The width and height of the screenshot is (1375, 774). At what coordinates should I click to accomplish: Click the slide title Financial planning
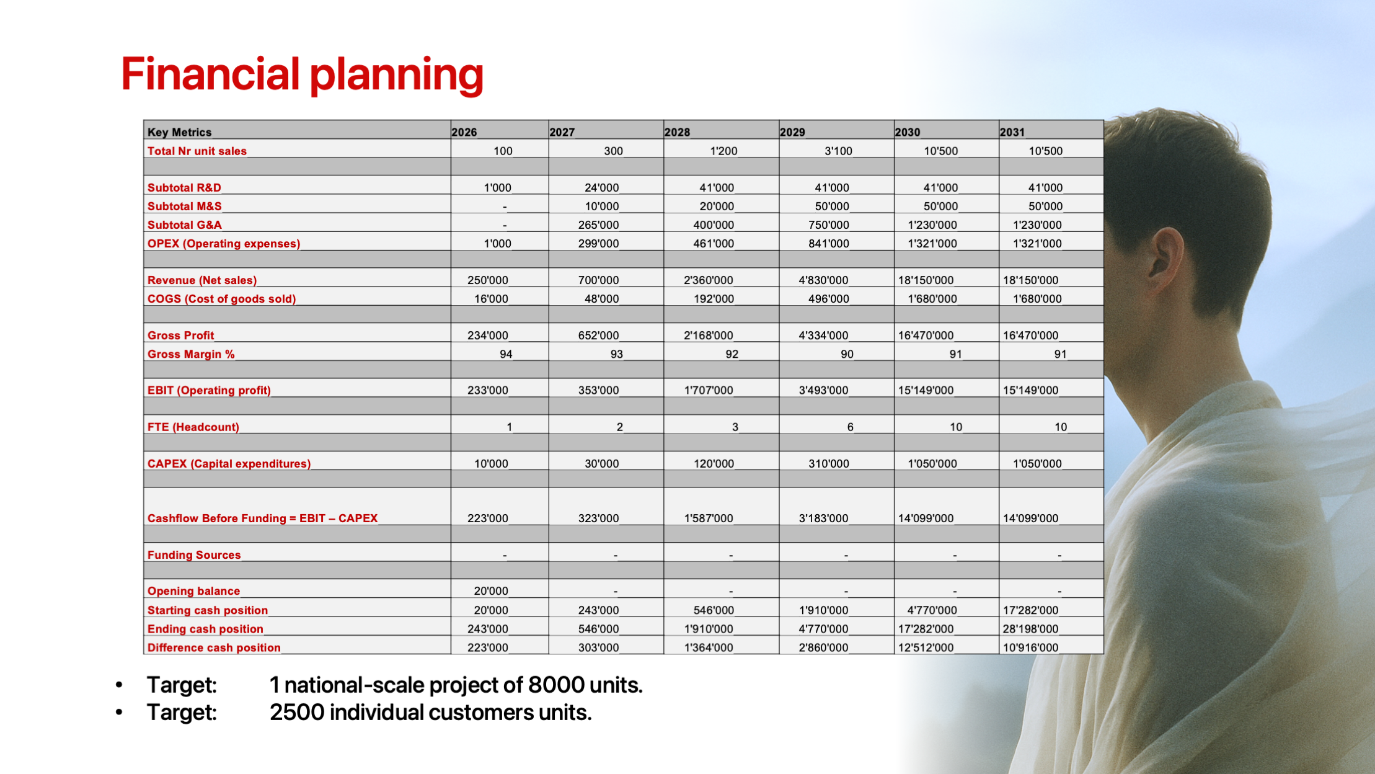coord(302,75)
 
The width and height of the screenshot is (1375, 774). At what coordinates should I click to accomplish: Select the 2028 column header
coord(677,132)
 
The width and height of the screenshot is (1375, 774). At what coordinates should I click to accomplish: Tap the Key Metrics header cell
coord(179,132)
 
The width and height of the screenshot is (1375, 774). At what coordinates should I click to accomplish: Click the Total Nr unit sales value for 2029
coord(838,151)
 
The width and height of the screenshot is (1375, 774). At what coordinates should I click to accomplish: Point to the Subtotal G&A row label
coord(184,225)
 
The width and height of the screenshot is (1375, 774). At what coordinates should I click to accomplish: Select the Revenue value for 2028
coord(709,280)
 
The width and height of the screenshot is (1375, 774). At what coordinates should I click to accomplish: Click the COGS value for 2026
coord(491,298)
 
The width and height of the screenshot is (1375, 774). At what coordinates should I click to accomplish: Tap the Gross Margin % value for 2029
coord(847,354)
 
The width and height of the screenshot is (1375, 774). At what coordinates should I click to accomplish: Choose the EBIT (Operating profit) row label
coord(209,390)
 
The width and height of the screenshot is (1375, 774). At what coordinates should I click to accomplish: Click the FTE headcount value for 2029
coord(850,427)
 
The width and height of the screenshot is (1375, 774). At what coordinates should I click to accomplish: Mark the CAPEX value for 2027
coord(601,463)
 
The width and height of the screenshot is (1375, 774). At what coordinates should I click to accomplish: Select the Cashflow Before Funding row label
coord(262,518)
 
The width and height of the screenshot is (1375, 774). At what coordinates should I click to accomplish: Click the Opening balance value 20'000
coord(491,591)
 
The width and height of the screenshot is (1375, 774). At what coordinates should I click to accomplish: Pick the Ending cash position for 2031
coord(1030,628)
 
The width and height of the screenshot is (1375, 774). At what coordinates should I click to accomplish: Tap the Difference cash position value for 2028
coord(709,647)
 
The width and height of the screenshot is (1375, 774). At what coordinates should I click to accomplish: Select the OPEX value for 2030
coord(932,243)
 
